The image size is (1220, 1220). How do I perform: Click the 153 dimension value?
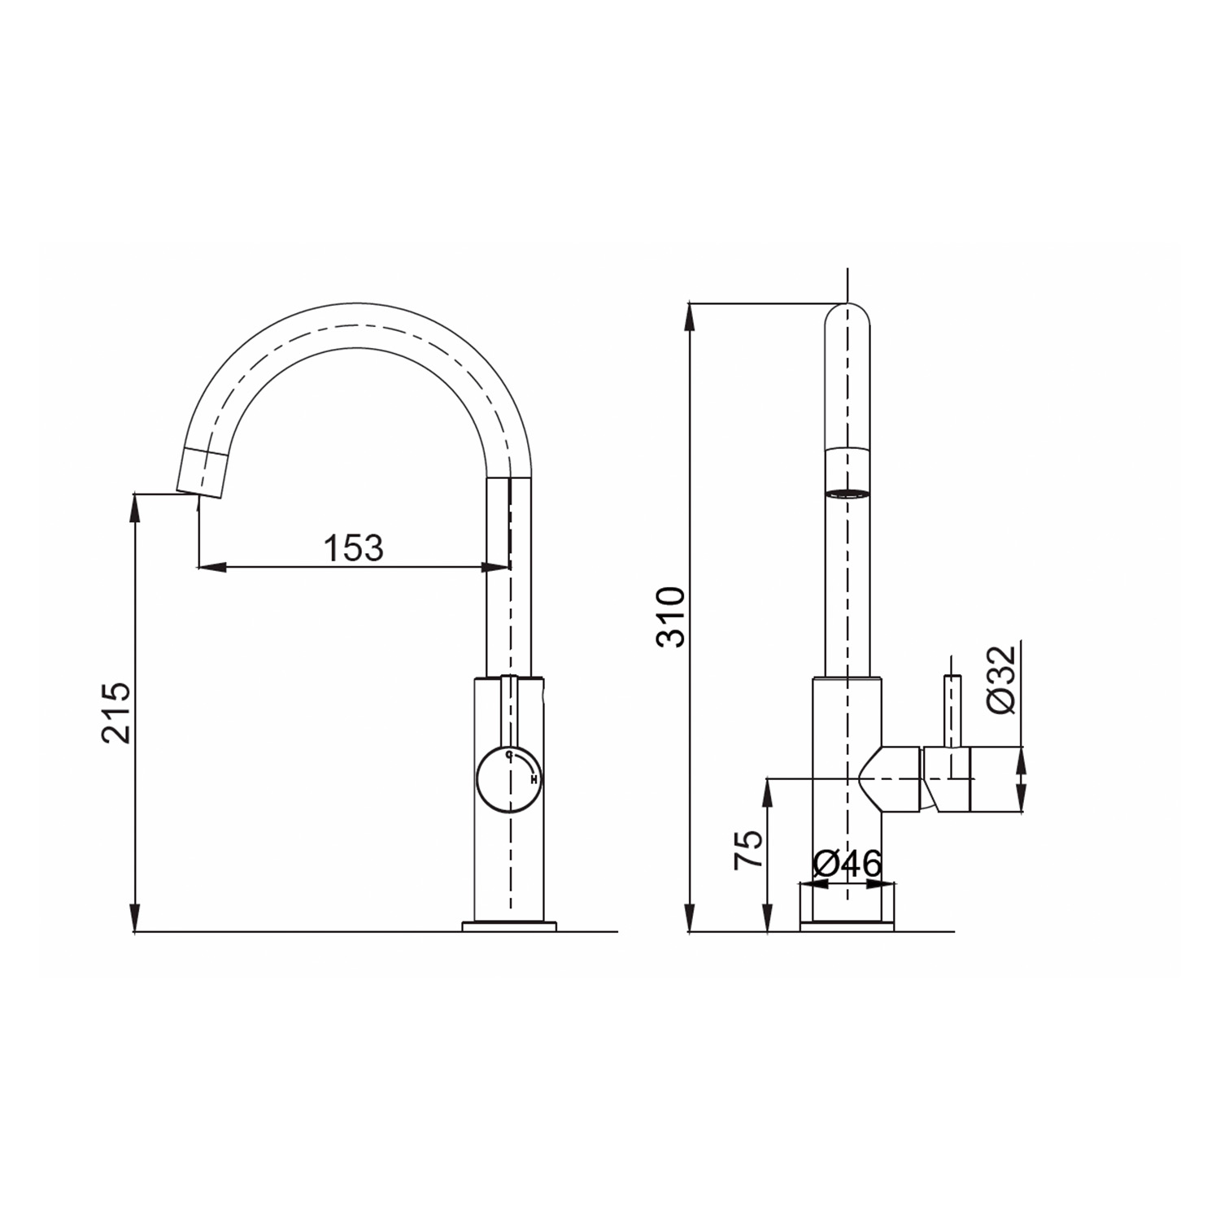point(353,549)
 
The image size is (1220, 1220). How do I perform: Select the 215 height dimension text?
point(115,712)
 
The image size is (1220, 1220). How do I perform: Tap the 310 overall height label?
point(672,617)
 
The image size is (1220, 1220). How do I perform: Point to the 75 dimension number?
point(749,850)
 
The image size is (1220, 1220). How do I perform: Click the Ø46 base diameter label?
point(847,864)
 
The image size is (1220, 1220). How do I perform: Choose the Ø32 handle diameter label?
point(1003,680)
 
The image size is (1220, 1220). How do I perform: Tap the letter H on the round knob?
point(534,780)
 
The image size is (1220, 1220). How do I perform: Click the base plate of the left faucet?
point(509,926)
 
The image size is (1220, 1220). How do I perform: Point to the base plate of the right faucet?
point(847,926)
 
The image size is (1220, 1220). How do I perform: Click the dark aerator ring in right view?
point(847,492)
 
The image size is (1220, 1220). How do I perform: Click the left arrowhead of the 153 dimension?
point(210,567)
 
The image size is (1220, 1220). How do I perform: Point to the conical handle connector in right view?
point(891,779)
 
